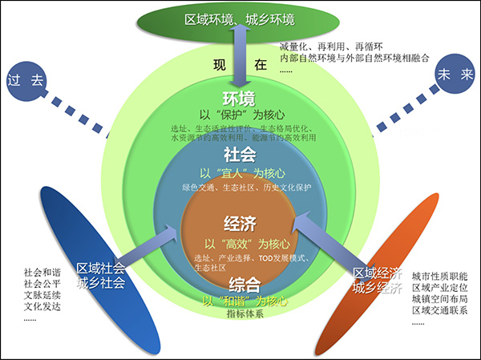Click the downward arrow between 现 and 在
[x=240, y=71]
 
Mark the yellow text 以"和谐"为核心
[x=242, y=300]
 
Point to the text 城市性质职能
[x=445, y=273]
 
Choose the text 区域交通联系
[x=445, y=310]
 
